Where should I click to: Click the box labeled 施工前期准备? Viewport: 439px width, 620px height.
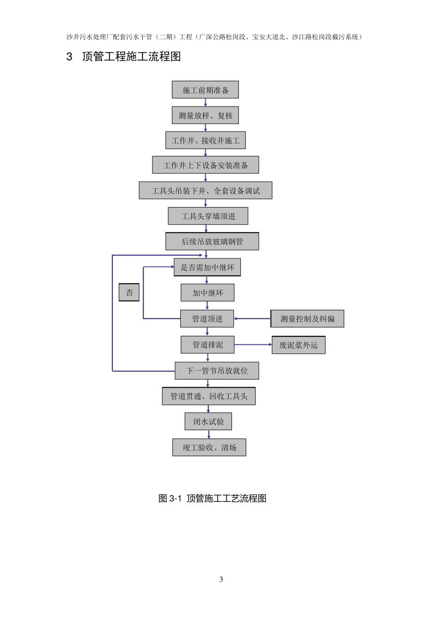pos(205,90)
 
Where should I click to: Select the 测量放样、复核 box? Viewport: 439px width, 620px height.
pos(205,115)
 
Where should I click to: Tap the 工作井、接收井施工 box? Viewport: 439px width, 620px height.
pos(205,140)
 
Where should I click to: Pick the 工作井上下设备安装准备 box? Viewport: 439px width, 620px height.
pos(205,165)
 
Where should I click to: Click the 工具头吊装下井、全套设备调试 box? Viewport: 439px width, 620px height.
pos(205,191)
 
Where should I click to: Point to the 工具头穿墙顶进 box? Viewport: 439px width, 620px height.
pos(208,216)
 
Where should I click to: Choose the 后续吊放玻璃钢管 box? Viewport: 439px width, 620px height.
pos(212,241)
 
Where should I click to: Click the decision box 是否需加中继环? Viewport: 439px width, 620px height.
pos(207,267)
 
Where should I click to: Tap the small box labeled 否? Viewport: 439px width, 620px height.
pos(129,292)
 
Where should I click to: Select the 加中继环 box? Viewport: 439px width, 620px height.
pos(207,292)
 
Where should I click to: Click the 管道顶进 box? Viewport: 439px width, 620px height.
pos(207,319)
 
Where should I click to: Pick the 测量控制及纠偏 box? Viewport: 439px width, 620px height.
pos(307,319)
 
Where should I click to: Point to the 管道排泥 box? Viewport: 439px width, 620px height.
pos(207,345)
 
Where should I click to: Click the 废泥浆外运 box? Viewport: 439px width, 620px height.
pos(299,345)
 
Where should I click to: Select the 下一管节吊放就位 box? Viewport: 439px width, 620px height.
pos(217,370)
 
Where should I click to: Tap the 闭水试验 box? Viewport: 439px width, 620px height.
pos(208,421)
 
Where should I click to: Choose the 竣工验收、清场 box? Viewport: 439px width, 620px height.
pos(209,447)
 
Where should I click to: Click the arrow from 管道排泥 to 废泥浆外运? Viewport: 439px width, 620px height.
pos(253,345)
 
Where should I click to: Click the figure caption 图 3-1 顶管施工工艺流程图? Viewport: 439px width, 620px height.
pos(212,498)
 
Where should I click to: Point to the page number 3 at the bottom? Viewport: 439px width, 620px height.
pos(221,579)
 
